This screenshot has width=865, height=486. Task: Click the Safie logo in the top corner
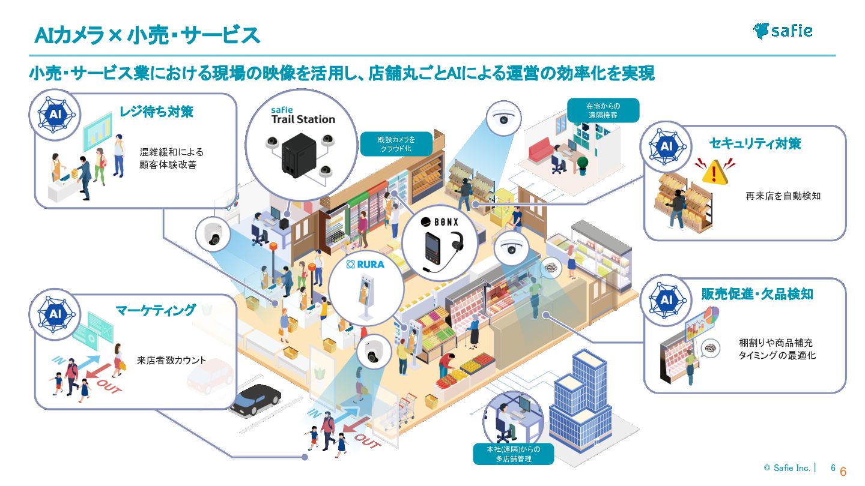[x=783, y=31]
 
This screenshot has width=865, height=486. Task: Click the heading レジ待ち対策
[x=156, y=112]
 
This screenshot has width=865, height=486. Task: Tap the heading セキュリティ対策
[x=755, y=143]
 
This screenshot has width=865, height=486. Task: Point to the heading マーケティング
[x=156, y=310]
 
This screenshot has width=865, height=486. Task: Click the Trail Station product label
[x=303, y=115]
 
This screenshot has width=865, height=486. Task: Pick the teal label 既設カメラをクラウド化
[x=396, y=144]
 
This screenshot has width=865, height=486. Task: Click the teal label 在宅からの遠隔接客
[x=602, y=110]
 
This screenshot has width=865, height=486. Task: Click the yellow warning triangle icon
[x=714, y=172]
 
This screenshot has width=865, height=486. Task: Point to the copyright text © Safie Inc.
[x=789, y=468]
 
